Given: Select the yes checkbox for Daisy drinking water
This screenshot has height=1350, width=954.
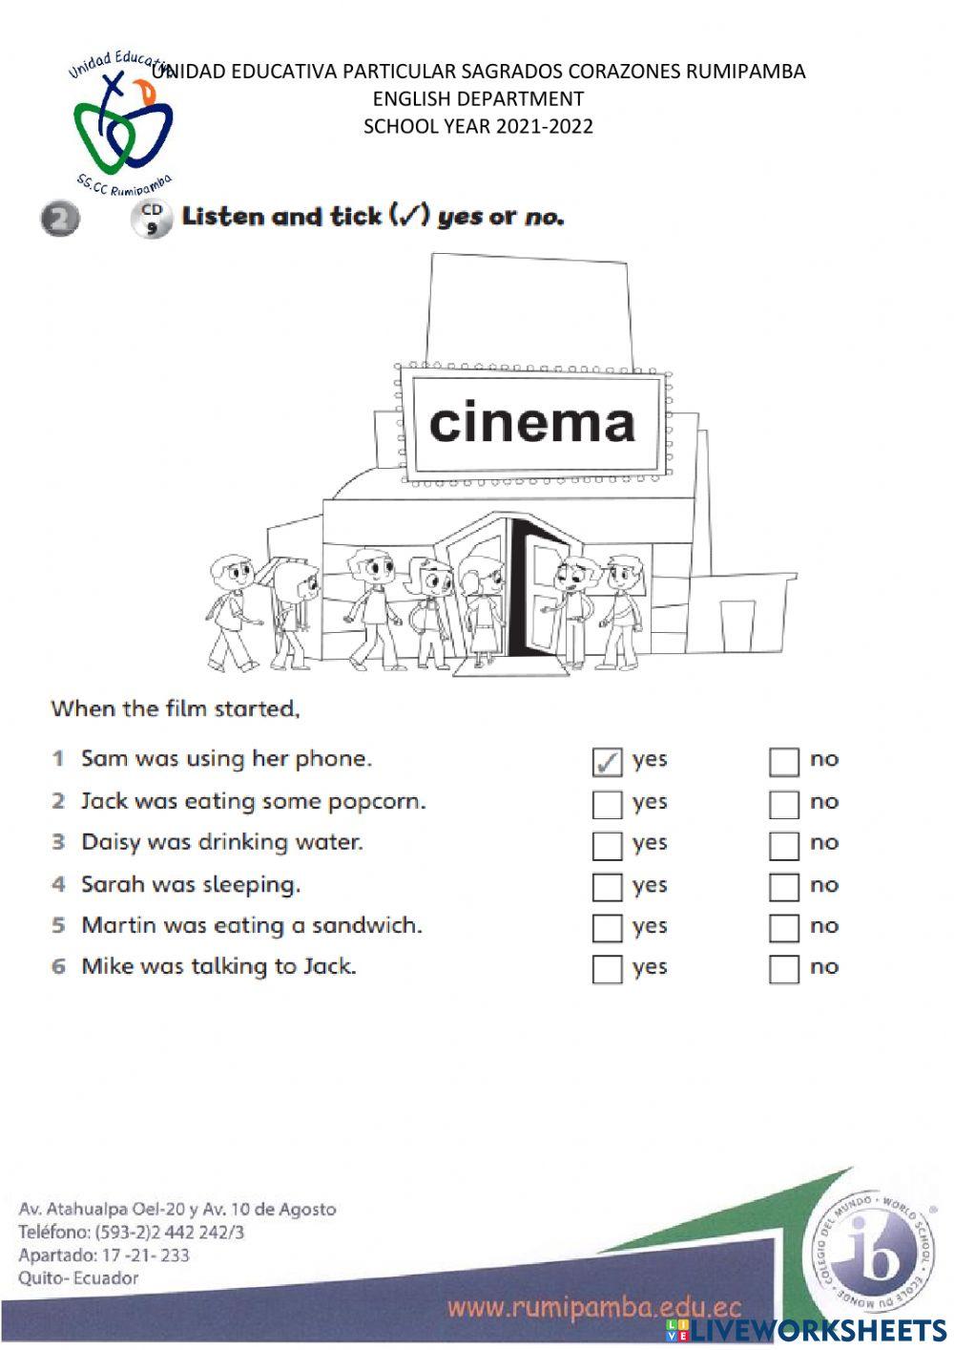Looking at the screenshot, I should (607, 846).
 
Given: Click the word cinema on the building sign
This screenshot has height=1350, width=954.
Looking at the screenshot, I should (531, 422).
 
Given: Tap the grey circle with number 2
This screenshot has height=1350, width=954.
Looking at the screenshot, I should (59, 220).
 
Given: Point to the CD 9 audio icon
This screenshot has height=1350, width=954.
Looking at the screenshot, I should (151, 219).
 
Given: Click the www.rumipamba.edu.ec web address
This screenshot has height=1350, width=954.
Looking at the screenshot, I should (593, 1307).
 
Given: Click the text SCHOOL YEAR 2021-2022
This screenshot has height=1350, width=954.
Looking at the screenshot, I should (478, 126).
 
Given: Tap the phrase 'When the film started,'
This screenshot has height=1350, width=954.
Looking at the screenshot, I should (176, 708).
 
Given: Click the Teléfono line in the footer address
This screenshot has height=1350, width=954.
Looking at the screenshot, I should (131, 1232).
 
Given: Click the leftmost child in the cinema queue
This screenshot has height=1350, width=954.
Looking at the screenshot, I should (231, 611).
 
